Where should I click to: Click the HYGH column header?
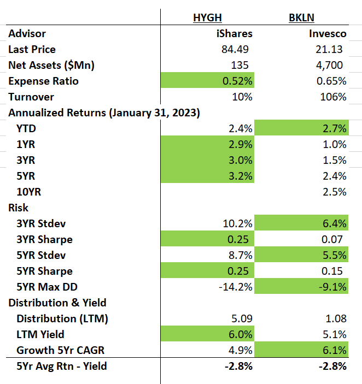207,17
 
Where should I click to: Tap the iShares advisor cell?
235,33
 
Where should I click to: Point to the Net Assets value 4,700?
332,65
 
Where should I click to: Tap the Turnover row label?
31,97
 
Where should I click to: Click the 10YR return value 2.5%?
334,192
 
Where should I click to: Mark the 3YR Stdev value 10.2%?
237,223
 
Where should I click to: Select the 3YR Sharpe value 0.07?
332,239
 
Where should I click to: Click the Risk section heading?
19,208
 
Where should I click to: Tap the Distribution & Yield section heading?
57,303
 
